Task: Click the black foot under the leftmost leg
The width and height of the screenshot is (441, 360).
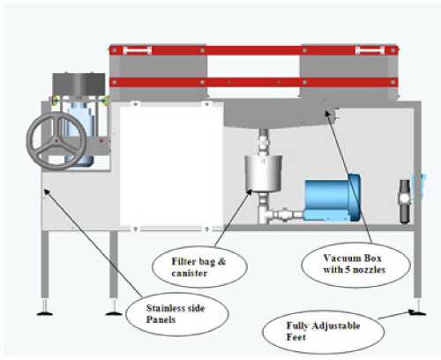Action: click(42, 311)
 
